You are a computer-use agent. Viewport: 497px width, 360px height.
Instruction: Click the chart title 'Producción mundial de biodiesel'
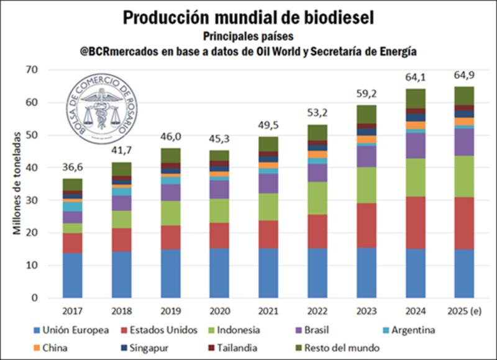click(x=248, y=17)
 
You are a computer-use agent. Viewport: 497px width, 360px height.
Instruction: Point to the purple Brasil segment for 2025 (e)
click(x=464, y=142)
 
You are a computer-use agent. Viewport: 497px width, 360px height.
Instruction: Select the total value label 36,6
click(x=72, y=169)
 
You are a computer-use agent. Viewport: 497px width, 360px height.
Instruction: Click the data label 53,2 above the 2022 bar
click(x=316, y=114)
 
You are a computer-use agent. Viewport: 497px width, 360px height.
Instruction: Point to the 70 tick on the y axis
click(x=39, y=70)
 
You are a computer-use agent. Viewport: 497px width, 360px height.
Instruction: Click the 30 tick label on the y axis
click(x=39, y=200)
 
